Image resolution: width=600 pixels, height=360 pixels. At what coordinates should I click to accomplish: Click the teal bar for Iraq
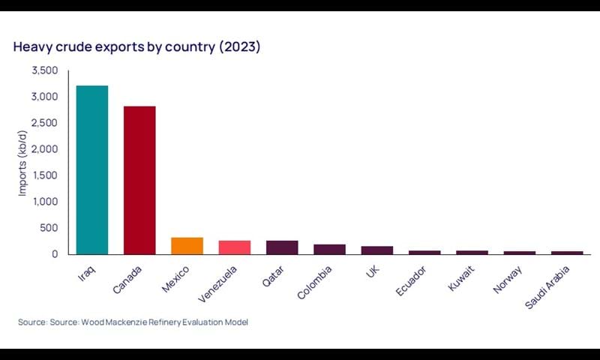pyautogui.click(x=91, y=169)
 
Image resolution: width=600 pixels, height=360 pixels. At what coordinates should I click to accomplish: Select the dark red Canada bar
pyautogui.click(x=139, y=180)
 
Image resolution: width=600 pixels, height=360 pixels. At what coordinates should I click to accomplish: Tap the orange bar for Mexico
pyautogui.click(x=187, y=246)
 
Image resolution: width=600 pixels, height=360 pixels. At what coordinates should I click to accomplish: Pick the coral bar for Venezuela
pyautogui.click(x=235, y=247)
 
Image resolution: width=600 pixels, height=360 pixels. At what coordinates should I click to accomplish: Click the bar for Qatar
pyautogui.click(x=282, y=247)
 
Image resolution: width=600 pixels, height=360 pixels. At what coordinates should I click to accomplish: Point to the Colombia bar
pyautogui.click(x=329, y=249)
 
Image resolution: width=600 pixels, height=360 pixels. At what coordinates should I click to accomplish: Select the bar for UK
pyautogui.click(x=377, y=250)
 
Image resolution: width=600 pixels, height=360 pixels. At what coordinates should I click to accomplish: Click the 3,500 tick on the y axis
pyautogui.click(x=44, y=70)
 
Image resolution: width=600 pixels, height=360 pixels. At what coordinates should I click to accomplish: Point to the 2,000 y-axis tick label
pyautogui.click(x=44, y=149)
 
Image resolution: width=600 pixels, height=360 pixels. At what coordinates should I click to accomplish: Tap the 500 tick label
pyautogui.click(x=49, y=228)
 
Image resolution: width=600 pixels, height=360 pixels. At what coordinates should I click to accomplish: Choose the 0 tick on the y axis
pyautogui.click(x=55, y=254)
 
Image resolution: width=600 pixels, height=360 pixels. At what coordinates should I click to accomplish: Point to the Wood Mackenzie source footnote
pyautogui.click(x=133, y=322)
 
